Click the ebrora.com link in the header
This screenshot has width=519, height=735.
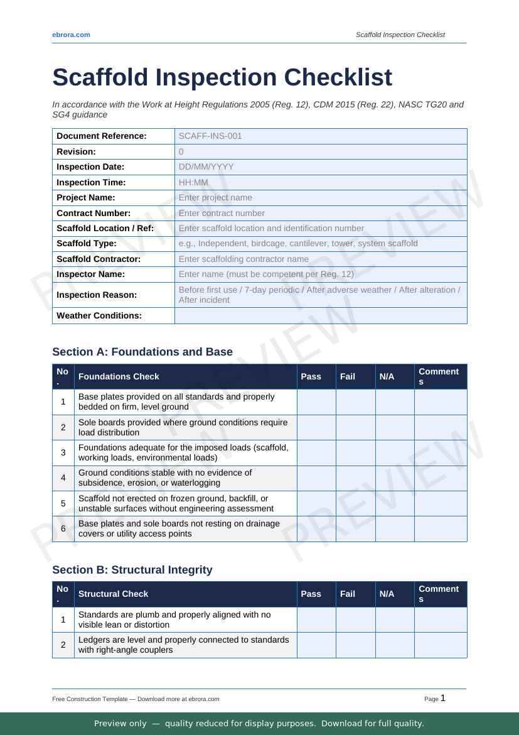[71, 35]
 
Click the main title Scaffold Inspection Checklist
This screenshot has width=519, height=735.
[222, 77]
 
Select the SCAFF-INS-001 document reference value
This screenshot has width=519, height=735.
[210, 136]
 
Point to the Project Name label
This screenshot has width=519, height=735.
[86, 197]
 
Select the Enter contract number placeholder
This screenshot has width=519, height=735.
[222, 213]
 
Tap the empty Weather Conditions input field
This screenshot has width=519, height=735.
[321, 315]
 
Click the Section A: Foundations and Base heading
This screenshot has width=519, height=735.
[142, 352]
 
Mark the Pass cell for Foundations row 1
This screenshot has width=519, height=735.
[316, 402]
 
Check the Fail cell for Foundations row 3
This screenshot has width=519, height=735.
[355, 452]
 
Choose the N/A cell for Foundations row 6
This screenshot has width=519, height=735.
[395, 528]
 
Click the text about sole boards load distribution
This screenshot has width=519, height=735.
[183, 427]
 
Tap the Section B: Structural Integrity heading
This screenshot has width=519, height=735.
[132, 570]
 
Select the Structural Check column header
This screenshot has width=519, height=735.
[114, 594]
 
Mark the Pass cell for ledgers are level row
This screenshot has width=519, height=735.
[316, 645]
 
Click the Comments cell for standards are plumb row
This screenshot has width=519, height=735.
[441, 619]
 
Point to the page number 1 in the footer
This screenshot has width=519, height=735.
[443, 698]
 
